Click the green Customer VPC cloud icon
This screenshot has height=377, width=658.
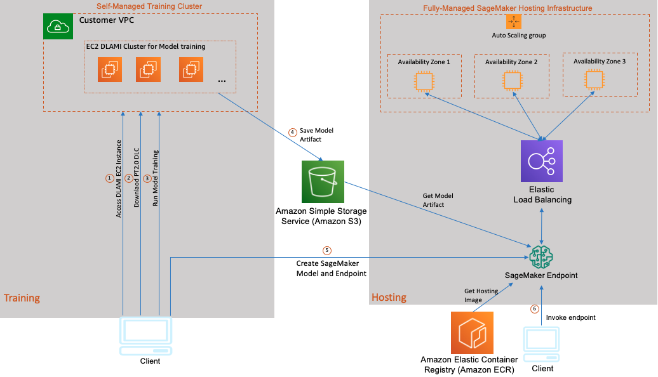(58, 27)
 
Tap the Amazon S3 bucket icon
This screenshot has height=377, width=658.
(323, 182)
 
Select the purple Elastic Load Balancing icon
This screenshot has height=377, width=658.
(541, 161)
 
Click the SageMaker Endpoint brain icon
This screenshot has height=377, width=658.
(541, 256)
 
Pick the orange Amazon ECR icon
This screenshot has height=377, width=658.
(472, 333)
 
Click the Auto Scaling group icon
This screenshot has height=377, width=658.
(514, 22)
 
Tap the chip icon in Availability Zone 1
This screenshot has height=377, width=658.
(424, 81)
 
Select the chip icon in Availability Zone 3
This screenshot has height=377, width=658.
(594, 80)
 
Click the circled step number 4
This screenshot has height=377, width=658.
(293, 133)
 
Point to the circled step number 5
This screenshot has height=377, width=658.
(327, 250)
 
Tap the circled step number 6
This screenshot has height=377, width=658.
(534, 309)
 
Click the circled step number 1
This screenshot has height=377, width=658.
(109, 178)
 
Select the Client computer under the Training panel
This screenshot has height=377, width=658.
(145, 336)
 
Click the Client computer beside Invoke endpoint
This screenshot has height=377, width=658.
(541, 345)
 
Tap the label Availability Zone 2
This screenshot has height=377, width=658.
(511, 62)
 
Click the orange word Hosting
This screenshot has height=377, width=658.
(389, 297)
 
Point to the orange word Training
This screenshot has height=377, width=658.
(22, 298)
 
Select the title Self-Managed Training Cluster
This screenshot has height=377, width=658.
(149, 6)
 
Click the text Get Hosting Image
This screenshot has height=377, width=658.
(481, 295)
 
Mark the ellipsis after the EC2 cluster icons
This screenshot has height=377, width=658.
(222, 81)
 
